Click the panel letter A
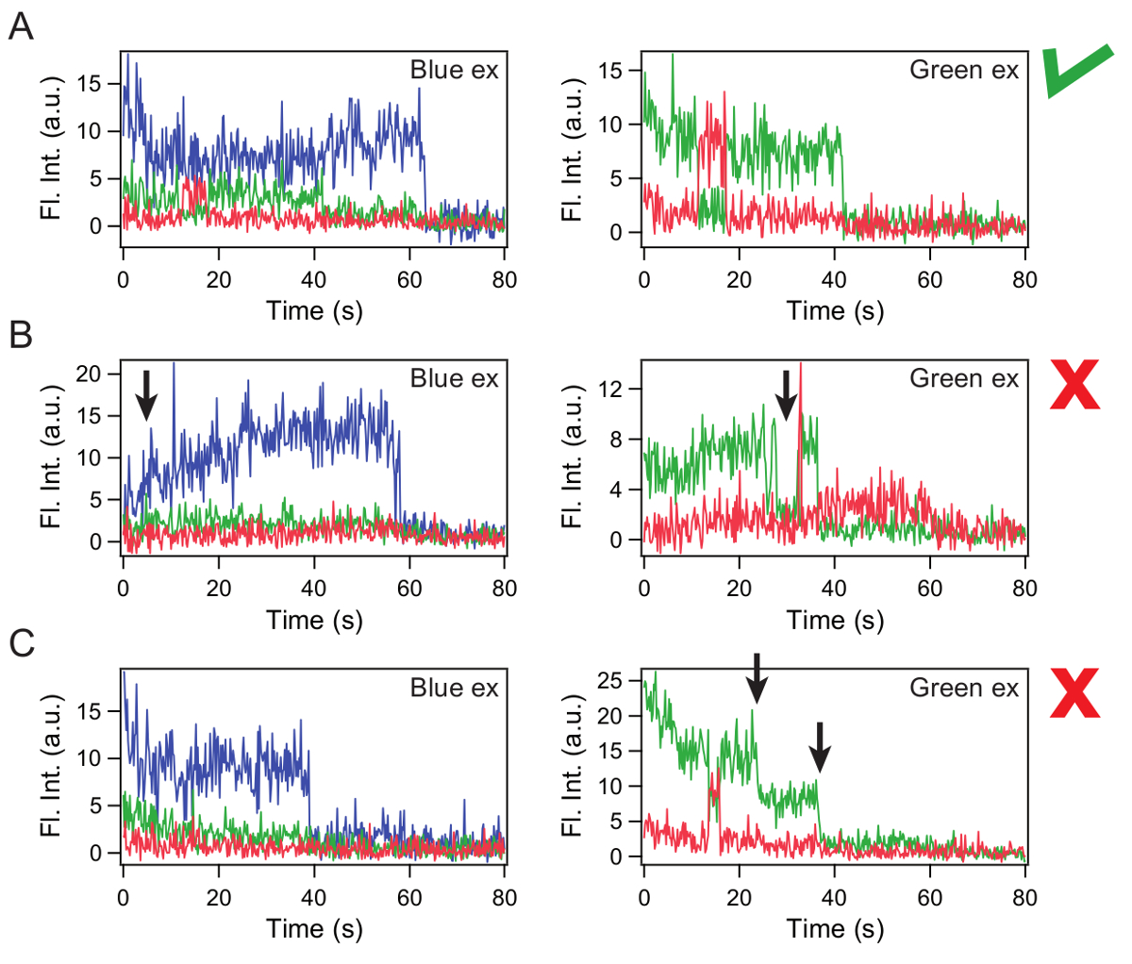coord(21,26)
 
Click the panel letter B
coord(21,336)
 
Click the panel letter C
coord(21,645)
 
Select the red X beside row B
coord(1075,384)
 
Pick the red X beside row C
coord(1075,692)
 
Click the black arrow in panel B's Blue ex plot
coord(145,394)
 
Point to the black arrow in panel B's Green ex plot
coord(786,394)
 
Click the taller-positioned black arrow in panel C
coord(757,677)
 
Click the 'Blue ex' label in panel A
coord(454,71)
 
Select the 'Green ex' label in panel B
coord(964,379)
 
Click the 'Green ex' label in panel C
coord(964,689)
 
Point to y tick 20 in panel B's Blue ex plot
coord(88,374)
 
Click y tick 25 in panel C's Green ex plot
coord(610,680)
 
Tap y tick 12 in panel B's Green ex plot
coord(610,389)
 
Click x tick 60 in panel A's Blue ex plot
coord(409,279)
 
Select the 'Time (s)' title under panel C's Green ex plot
coord(835,929)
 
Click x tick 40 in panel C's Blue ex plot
coord(314,898)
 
